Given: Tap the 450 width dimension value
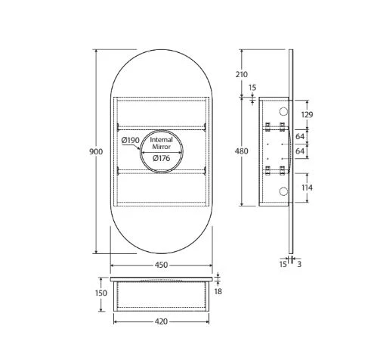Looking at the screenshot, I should click(x=161, y=265).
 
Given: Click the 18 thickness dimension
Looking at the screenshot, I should click(x=218, y=290).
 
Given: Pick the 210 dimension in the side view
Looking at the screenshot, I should click(x=242, y=74).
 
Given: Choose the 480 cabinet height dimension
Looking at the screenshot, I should click(x=242, y=151).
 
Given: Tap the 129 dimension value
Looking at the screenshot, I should click(x=306, y=114).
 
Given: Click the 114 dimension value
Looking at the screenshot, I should click(x=306, y=188).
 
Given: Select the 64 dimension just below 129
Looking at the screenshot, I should click(x=301, y=138).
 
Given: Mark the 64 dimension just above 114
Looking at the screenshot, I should click(x=301, y=151).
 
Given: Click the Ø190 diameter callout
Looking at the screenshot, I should click(x=129, y=141).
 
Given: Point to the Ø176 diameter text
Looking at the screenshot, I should click(x=160, y=158).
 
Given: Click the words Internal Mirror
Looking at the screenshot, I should click(x=161, y=144).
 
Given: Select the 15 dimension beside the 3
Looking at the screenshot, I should click(x=282, y=264).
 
